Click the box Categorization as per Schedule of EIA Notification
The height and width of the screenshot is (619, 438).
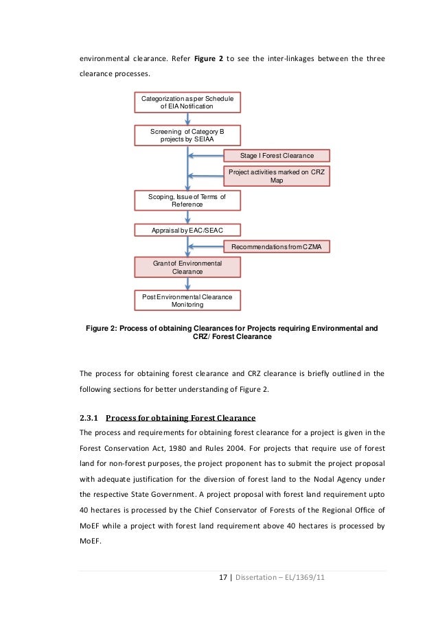[187, 103]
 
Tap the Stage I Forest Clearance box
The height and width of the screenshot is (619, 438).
[277, 156]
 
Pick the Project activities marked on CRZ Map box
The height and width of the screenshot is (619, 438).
[277, 176]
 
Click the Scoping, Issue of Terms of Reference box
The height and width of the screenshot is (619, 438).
[187, 200]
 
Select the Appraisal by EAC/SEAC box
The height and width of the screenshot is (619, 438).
[187, 231]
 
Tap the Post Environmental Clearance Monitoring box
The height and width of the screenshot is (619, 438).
[187, 300]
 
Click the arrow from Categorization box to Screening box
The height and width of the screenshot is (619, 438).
[187, 119]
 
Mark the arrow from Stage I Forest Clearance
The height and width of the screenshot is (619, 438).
[205, 156]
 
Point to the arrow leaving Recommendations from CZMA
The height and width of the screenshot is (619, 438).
[205, 246]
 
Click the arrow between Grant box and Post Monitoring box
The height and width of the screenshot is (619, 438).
[187, 283]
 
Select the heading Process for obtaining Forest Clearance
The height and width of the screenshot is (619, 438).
[181, 418]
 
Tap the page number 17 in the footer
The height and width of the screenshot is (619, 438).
[222, 577]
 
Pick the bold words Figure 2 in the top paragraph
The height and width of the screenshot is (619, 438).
[211, 59]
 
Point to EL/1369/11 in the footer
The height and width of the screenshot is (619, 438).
[301, 577]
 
